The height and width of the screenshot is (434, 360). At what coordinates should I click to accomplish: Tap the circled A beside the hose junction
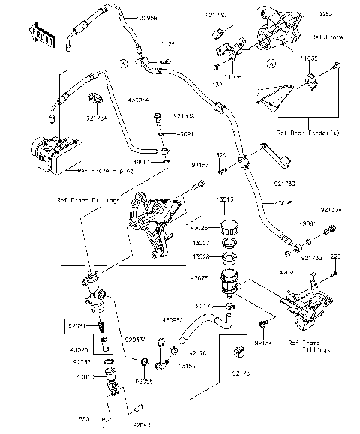121,64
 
